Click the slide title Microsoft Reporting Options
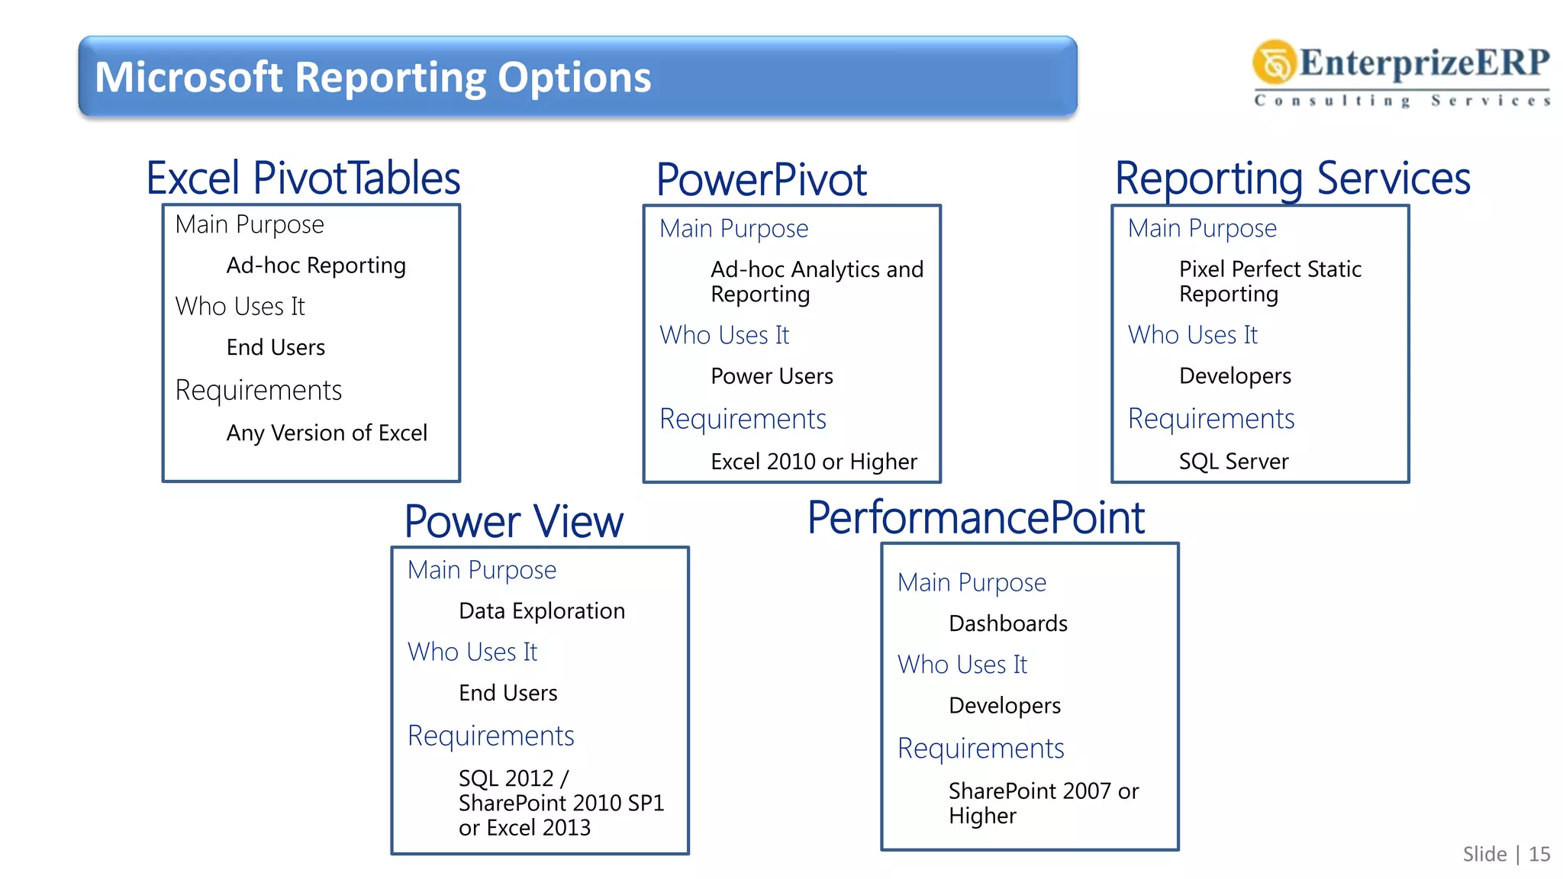(372, 78)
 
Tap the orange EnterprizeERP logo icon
(1274, 63)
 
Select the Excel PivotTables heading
(303, 179)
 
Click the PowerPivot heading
(761, 180)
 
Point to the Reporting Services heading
(1292, 179)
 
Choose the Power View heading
(514, 522)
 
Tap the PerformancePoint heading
(975, 518)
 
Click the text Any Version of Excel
(327, 433)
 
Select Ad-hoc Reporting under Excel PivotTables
(316, 266)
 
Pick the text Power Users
(772, 376)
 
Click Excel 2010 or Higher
(814, 462)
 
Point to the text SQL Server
(1233, 462)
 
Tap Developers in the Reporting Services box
(1235, 376)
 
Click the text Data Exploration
(542, 611)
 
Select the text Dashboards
(1007, 623)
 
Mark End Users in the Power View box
(508, 693)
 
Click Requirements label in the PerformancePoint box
(981, 749)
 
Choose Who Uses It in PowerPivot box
(724, 335)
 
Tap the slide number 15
(1539, 854)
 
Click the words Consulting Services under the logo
(1402, 101)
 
